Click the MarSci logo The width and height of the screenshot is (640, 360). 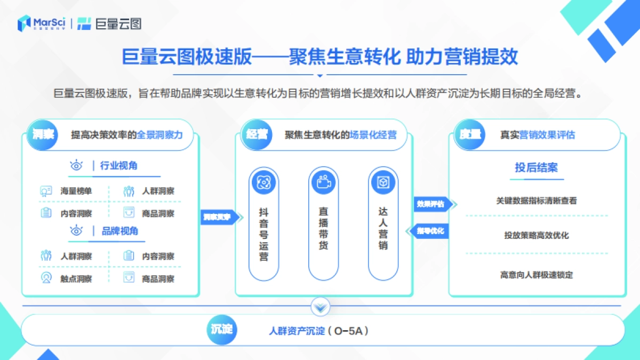tap(42, 23)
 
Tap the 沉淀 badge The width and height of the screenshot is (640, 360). tap(220, 330)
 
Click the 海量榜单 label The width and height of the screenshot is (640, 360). tap(76, 191)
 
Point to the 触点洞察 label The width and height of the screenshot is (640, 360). tap(76, 278)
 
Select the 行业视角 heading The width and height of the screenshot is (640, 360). tap(118, 166)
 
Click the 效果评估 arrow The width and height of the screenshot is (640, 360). tap(433, 204)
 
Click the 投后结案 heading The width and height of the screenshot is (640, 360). tap(536, 167)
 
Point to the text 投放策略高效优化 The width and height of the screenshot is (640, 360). tap(536, 235)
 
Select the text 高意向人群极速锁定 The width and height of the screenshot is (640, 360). tap(536, 275)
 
